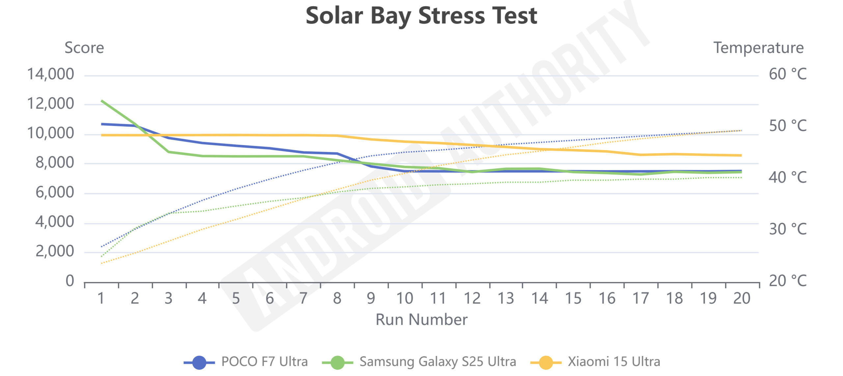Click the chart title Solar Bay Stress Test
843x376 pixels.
[421, 16]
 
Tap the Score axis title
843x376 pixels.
[84, 48]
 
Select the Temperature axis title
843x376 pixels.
[758, 48]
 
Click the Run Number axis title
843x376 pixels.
[421, 320]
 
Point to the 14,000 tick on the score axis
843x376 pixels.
[50, 74]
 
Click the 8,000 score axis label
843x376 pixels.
[55, 163]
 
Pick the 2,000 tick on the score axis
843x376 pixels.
[55, 252]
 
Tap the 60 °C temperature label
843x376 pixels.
[787, 74]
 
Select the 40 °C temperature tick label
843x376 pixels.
[787, 178]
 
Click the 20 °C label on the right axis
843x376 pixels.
[787, 281]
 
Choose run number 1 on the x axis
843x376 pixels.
[101, 299]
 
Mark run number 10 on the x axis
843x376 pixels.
[404, 299]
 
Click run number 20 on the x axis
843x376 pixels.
[742, 299]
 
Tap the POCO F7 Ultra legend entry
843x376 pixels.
[246, 362]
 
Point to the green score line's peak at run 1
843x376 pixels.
[102, 101]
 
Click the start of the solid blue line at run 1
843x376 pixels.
[102, 124]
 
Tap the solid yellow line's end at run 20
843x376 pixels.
[741, 155]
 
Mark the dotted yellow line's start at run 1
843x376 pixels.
[102, 263]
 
